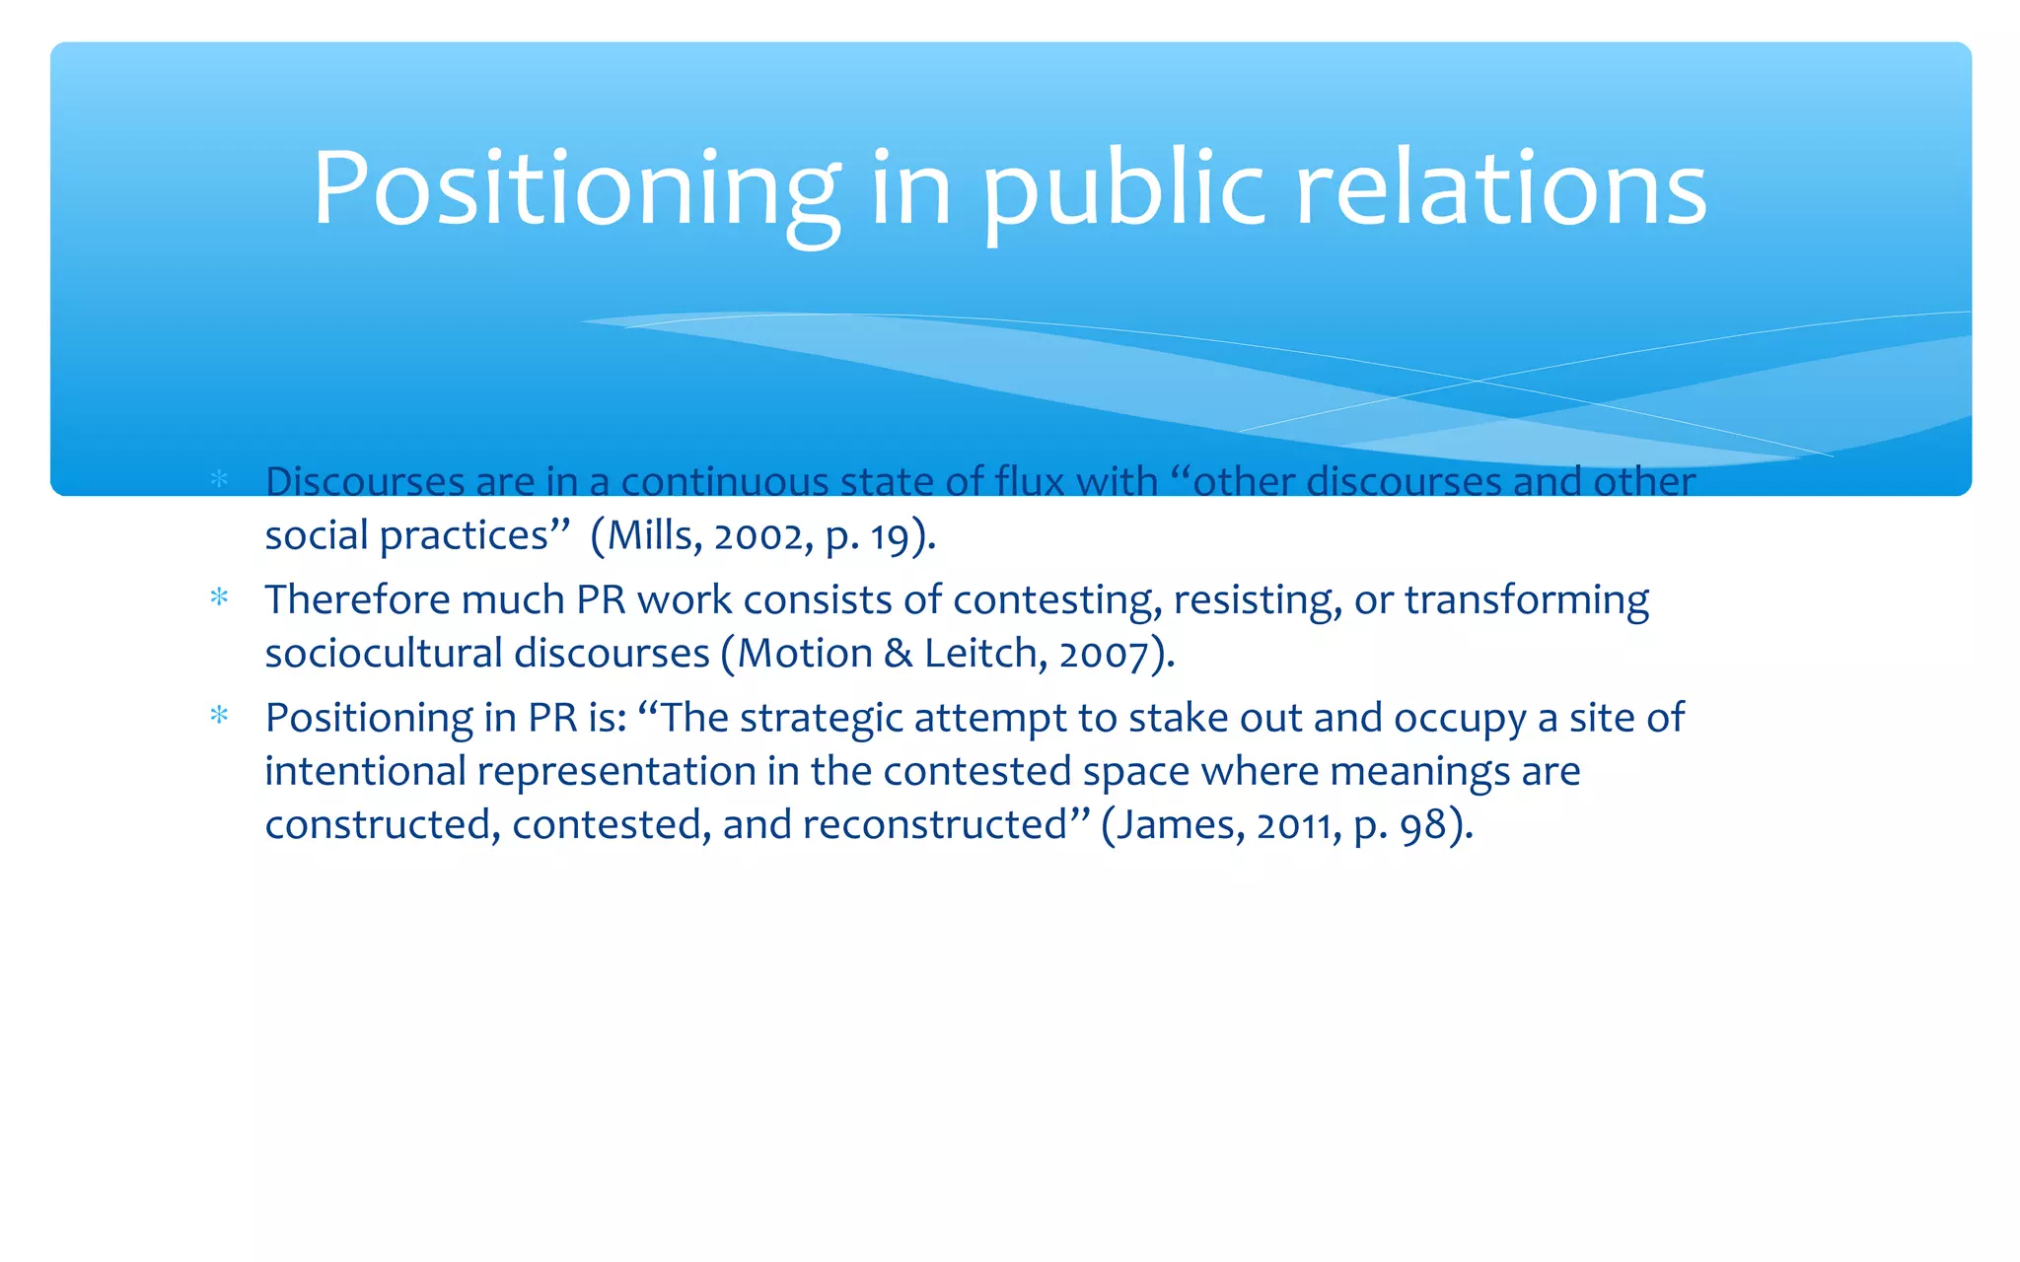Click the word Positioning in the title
(576, 189)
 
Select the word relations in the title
(1500, 189)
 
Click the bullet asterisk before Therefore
(219, 598)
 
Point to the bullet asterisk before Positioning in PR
(219, 716)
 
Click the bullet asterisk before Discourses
(219, 480)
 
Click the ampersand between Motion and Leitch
(898, 654)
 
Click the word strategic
(821, 719)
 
